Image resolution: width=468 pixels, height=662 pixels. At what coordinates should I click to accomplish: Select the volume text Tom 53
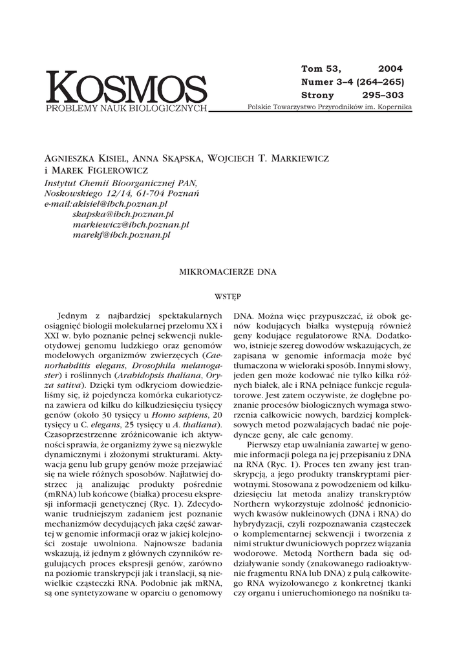pyautogui.click(x=321, y=69)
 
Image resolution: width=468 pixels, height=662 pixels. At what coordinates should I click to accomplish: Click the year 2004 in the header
pyautogui.click(x=390, y=69)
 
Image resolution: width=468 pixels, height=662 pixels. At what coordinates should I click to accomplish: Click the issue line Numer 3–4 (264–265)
pyautogui.click(x=352, y=81)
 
